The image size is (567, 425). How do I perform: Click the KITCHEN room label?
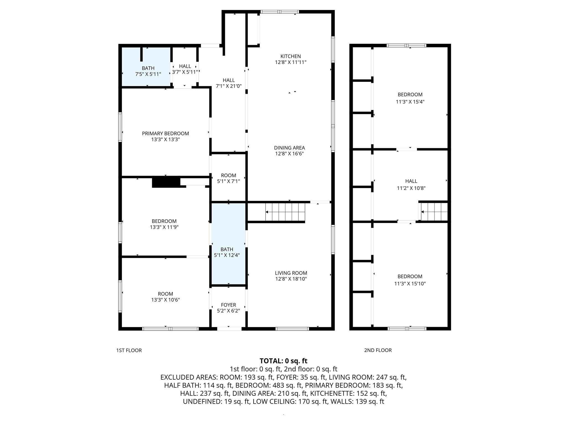(x=290, y=56)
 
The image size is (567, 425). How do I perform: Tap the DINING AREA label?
(x=289, y=148)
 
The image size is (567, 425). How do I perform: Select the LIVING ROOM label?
(x=291, y=273)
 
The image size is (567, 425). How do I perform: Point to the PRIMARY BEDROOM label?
(x=165, y=133)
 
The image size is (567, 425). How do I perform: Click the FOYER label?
(x=228, y=305)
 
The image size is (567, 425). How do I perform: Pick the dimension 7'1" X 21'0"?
(x=229, y=86)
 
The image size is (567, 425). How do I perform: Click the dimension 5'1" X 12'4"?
(x=227, y=255)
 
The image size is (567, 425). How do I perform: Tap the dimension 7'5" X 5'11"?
(x=148, y=74)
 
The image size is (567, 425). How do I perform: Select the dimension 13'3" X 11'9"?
(x=164, y=227)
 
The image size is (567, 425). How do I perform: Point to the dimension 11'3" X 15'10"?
(x=410, y=283)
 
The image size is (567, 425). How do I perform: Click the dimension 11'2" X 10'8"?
(x=411, y=188)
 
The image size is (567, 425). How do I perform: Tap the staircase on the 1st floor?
(x=285, y=212)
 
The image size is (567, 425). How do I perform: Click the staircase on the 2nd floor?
(x=434, y=212)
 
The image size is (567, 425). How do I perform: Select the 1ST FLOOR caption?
(x=129, y=350)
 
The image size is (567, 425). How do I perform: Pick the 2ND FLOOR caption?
(x=378, y=350)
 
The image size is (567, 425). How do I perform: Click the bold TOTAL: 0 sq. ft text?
(x=283, y=361)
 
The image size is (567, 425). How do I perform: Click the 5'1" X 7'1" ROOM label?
(x=228, y=178)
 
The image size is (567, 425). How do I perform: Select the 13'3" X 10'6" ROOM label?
(x=165, y=297)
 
